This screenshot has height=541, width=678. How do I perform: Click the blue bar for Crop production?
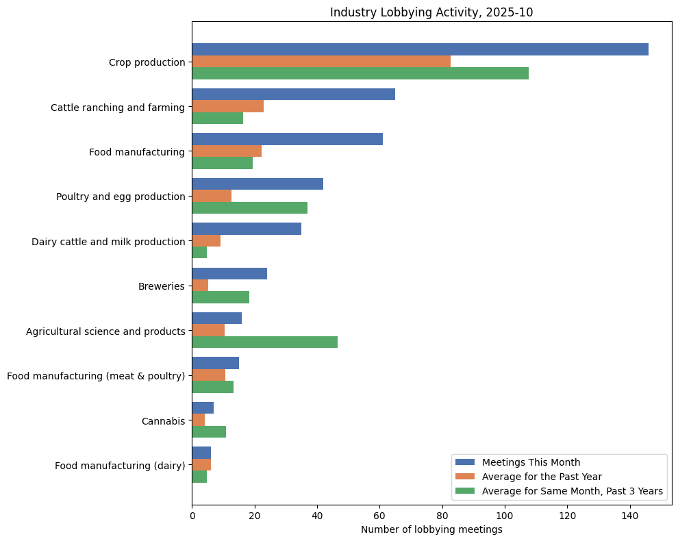420,49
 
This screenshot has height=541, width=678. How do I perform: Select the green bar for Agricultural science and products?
264,342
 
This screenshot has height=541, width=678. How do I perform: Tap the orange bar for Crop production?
321,62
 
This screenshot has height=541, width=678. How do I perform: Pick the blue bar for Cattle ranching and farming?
293,95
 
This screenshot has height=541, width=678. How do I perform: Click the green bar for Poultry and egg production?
249,207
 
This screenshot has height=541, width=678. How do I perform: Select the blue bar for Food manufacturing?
287,139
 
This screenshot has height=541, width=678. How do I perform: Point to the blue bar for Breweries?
229,273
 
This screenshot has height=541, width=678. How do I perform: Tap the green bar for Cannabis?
209,431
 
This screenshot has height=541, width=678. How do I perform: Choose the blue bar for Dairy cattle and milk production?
247,229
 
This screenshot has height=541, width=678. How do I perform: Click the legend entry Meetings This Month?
531,462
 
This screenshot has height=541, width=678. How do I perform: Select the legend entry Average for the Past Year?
540,477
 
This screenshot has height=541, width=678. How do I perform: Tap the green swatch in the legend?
465,491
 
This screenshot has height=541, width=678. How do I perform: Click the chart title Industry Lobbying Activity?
431,12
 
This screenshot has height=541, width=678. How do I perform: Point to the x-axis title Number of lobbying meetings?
431,529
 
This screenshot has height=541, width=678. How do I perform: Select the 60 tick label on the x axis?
379,516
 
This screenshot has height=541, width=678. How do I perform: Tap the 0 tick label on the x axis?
192,516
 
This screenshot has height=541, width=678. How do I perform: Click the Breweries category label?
162,286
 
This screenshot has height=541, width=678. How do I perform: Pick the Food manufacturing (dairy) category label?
120,466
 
